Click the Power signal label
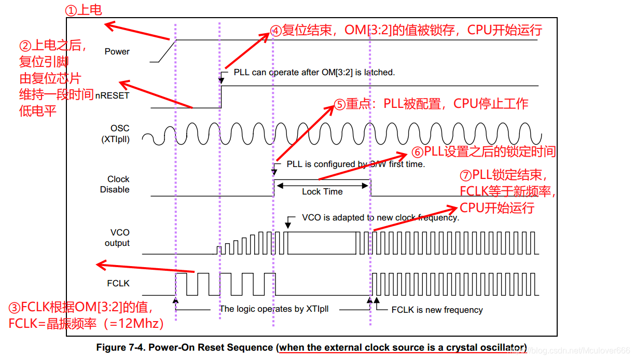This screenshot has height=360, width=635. point(117,51)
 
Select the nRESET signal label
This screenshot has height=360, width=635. point(112,95)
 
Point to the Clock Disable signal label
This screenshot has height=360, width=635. point(115,184)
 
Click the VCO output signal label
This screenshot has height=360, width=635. point(117,238)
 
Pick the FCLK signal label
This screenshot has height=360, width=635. point(117,283)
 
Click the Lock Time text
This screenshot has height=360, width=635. point(322,191)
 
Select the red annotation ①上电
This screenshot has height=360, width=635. point(83,10)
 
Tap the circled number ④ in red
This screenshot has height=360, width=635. point(276,31)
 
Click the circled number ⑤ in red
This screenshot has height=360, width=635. point(339,104)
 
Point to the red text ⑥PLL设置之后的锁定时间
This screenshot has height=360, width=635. point(484,151)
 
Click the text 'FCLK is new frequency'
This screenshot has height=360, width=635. point(437,310)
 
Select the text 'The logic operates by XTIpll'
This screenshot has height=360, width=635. point(274,309)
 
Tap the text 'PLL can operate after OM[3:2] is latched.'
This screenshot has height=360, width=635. point(314,72)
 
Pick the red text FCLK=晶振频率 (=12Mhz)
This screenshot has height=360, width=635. point(86,324)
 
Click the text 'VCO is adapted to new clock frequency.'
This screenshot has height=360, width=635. point(380,217)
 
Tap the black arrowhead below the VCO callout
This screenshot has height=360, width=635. point(288,225)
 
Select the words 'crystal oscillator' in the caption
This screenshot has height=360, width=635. point(488,347)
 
